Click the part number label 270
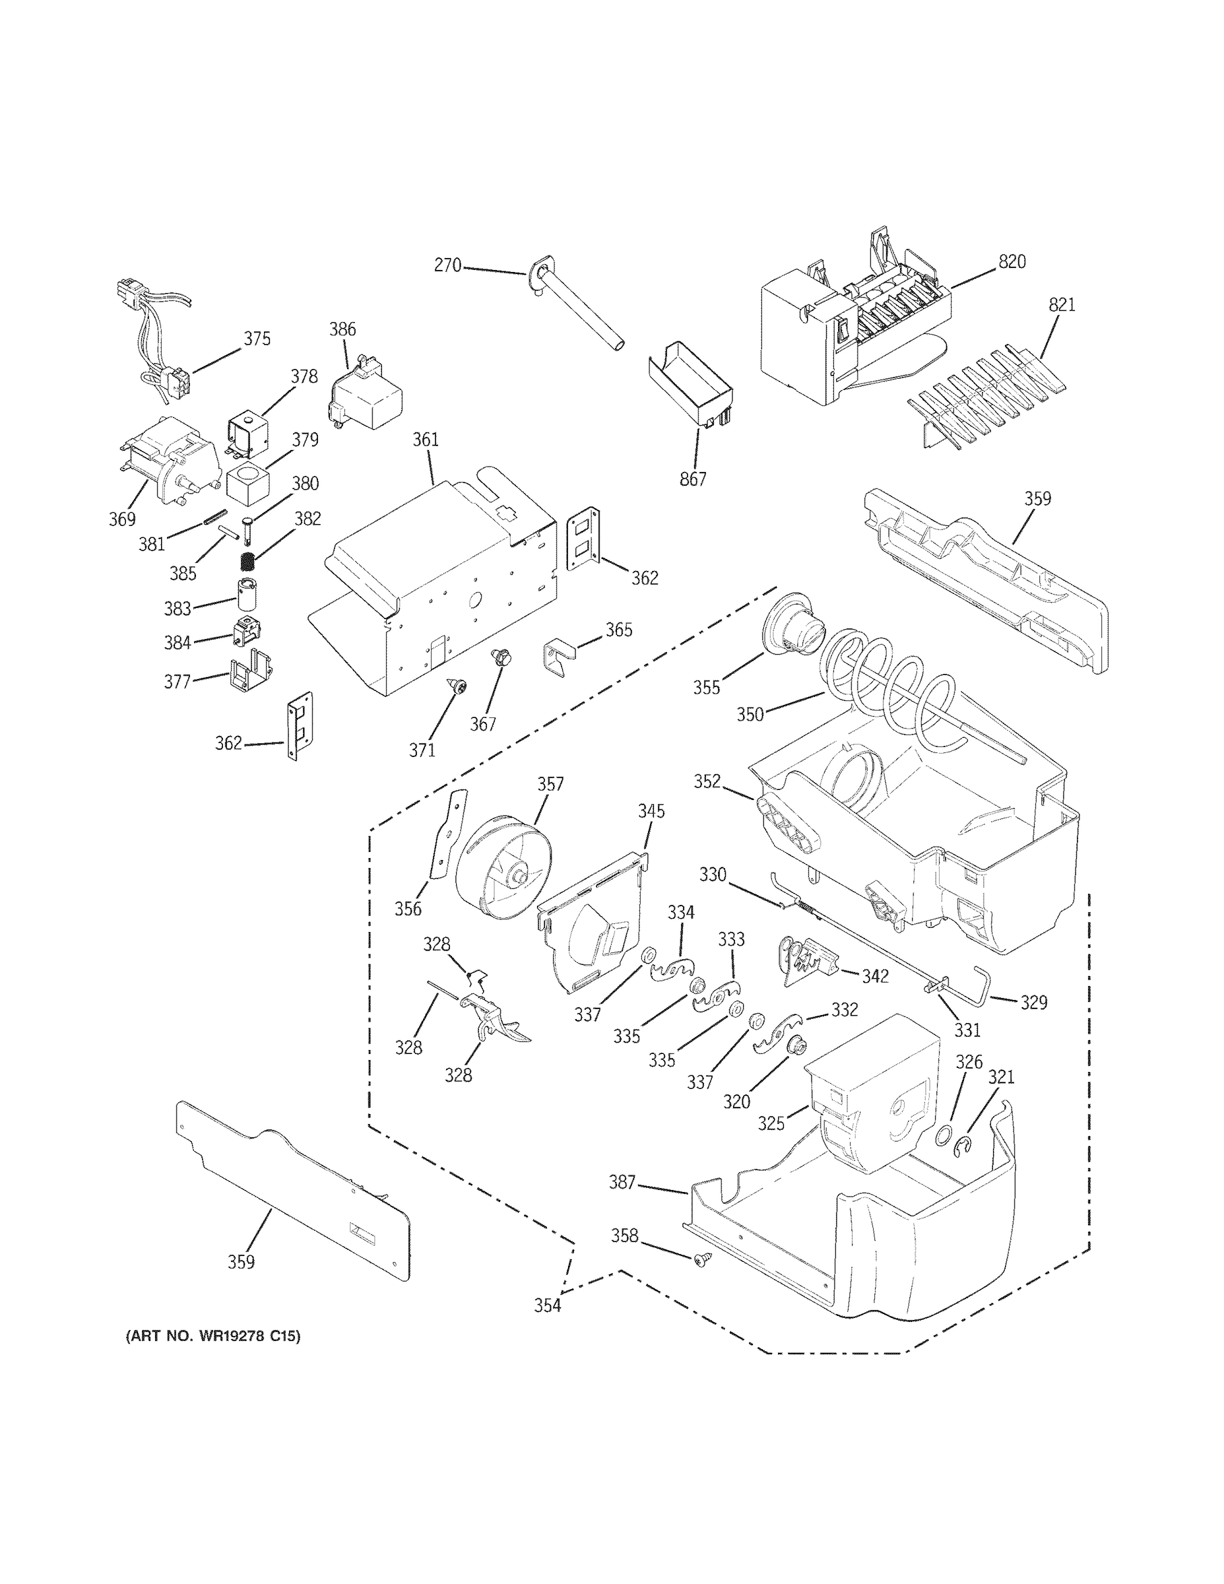[447, 265]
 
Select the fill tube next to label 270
[580, 308]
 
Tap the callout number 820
[1012, 262]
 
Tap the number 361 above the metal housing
[426, 440]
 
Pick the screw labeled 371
[457, 685]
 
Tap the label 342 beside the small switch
[874, 976]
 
